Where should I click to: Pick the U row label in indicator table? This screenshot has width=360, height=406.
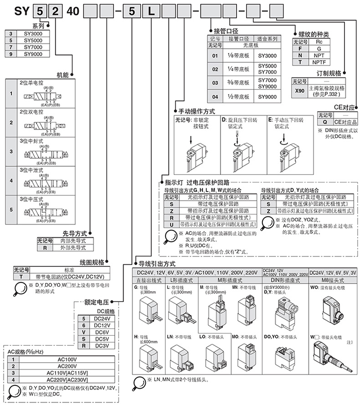click(x=169, y=224)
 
